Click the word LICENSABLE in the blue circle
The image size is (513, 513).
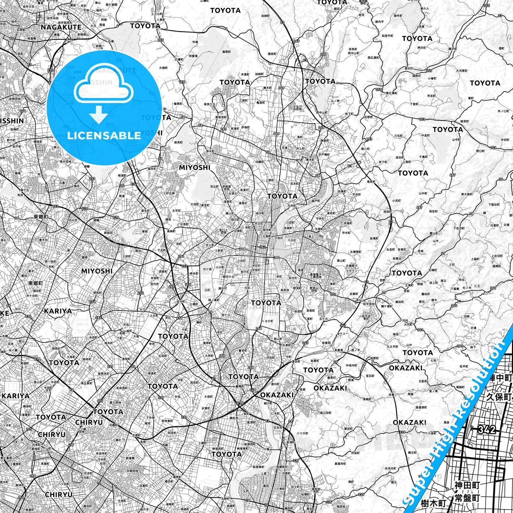[104, 136]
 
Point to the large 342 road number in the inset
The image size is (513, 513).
[487, 430]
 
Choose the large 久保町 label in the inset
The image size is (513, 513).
[499, 397]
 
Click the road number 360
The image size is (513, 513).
[454, 305]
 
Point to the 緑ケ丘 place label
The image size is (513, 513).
[227, 315]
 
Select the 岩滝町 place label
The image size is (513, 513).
[373, 239]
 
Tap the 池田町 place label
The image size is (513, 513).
[388, 212]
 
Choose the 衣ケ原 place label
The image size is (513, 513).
[207, 269]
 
